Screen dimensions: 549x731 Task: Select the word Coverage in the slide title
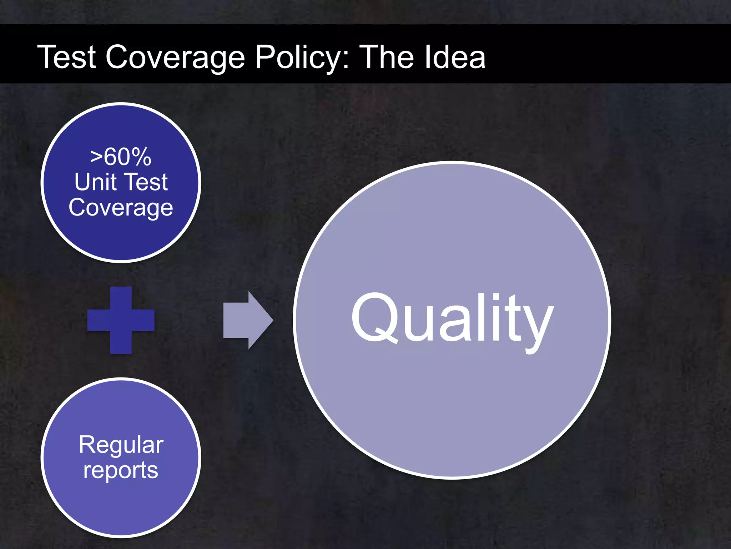pos(175,57)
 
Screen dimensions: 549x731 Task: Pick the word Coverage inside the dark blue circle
pos(121,207)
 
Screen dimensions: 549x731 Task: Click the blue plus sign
pos(121,320)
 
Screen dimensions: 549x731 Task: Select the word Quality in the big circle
pos(452,318)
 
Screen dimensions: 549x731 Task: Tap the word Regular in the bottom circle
pos(121,445)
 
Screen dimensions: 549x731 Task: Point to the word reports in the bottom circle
pos(121,470)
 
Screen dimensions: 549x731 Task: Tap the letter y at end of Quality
pos(537,323)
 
